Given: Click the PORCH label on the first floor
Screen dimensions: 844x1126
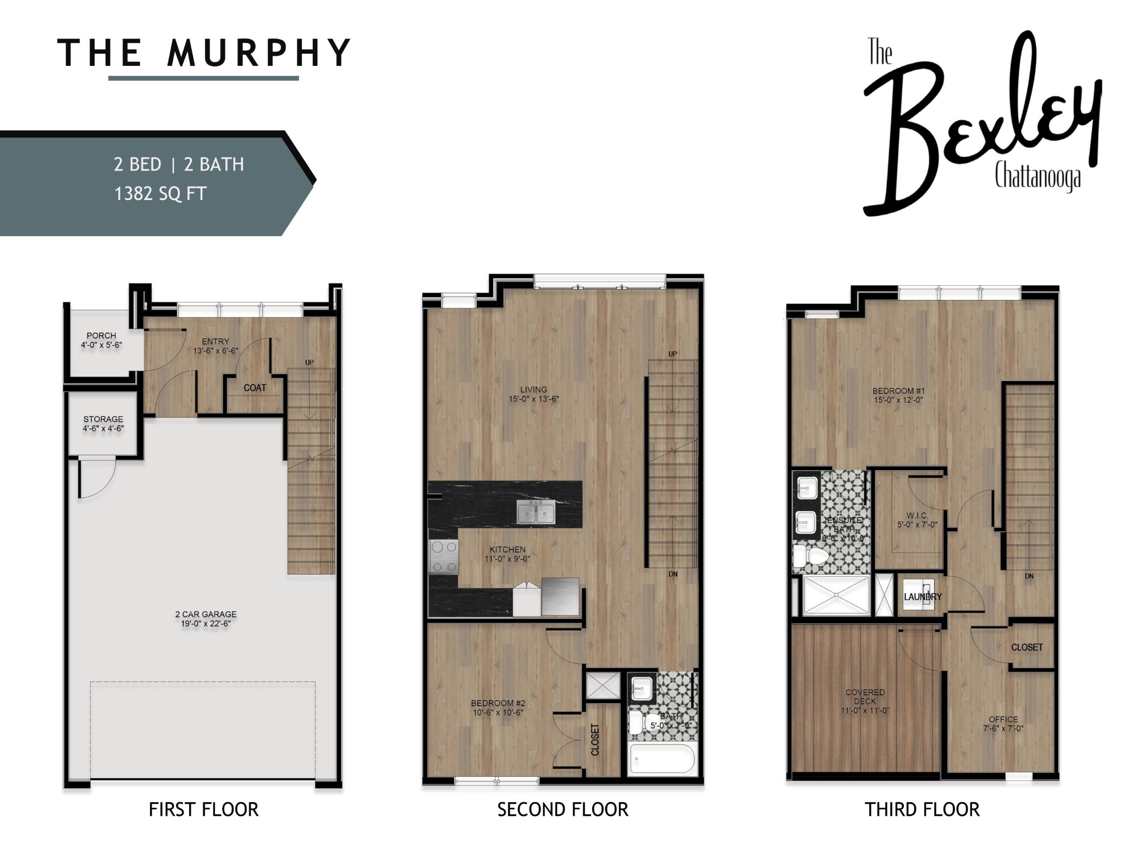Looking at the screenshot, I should pos(101,335).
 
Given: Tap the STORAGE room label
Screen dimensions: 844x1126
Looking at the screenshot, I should pos(103,419).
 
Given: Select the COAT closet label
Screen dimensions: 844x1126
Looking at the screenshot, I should pos(255,388).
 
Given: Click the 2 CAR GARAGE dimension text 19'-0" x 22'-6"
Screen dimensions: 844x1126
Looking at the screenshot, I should pos(206,624).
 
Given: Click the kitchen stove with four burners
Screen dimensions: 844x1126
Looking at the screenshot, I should pos(443,557).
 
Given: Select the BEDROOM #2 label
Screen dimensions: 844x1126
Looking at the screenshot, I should pos(498,703).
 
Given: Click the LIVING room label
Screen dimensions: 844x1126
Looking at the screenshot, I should pos(533,390).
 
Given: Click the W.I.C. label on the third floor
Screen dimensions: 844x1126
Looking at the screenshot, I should pos(917,515).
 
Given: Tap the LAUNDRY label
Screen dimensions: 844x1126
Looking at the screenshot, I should pos(923,597).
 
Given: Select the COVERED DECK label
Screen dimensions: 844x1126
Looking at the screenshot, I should pos(865,697).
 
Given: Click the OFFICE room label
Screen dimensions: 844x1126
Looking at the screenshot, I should pos(1003,719).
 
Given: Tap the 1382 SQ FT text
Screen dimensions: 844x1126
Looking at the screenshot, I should pos(160,194).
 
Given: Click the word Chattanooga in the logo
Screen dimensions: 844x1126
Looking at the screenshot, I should pos(1037,177).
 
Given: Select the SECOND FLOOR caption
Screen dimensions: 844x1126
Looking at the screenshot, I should pos(562,809).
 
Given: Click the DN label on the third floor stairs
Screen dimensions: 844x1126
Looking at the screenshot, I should pos(1029,576).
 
